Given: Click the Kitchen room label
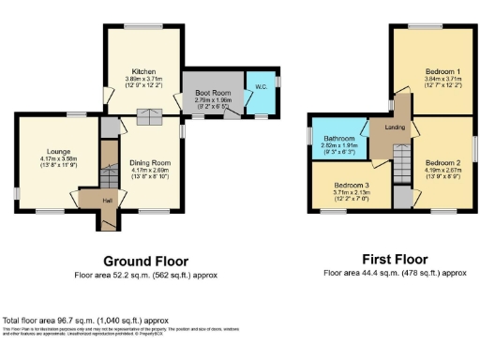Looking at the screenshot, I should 144,70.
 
